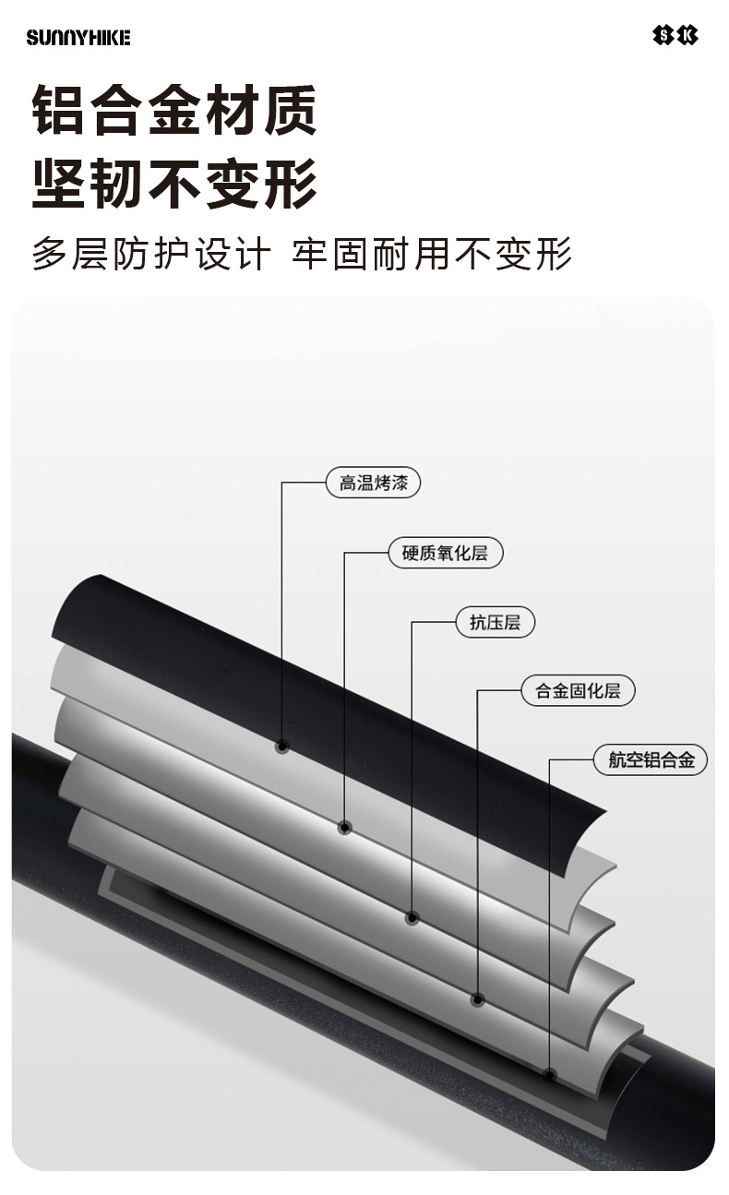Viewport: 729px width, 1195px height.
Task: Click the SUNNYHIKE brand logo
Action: (x=78, y=38)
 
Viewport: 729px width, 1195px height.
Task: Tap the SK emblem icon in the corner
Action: (x=675, y=36)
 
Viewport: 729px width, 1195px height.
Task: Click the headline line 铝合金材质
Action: (x=174, y=110)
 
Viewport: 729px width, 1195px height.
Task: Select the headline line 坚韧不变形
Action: (x=174, y=183)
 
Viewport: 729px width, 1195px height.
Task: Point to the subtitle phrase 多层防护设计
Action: (x=151, y=254)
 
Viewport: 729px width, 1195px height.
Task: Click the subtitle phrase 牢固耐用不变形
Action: (x=432, y=254)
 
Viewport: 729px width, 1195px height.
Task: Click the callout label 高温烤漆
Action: (x=373, y=483)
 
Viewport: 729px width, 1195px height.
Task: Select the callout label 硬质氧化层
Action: (x=445, y=553)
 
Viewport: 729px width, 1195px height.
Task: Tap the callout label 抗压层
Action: (x=495, y=622)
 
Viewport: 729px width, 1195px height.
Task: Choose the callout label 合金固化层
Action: (x=578, y=691)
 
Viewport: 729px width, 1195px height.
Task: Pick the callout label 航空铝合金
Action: (x=651, y=759)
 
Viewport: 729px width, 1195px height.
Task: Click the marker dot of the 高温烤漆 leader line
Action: (x=281, y=747)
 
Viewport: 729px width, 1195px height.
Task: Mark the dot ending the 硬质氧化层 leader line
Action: (x=345, y=828)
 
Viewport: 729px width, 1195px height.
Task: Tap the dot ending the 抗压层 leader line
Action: (x=412, y=918)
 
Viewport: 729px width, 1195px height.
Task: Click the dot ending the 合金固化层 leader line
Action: (x=478, y=999)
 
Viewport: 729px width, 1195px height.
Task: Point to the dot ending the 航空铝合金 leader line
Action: (x=550, y=1074)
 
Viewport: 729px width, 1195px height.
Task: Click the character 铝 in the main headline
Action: (x=57, y=110)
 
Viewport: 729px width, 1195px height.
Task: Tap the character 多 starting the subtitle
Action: (x=50, y=254)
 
